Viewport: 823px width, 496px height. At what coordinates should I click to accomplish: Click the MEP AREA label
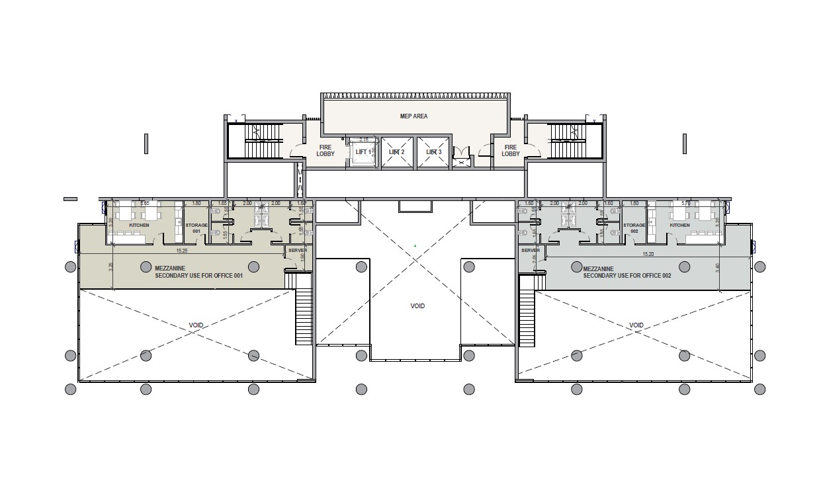[413, 116]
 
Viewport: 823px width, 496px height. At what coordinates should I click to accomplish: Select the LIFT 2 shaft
[397, 153]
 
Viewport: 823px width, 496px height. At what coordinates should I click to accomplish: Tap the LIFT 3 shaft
[433, 153]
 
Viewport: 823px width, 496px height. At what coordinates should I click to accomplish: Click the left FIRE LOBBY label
[325, 151]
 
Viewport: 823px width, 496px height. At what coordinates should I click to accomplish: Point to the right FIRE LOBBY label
[510, 151]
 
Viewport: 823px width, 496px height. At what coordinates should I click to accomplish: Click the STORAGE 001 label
[196, 228]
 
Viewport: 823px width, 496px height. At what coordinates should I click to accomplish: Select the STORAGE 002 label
[634, 228]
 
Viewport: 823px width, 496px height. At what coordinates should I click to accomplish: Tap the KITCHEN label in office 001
[139, 226]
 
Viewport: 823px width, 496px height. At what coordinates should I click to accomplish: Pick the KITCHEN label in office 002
[679, 226]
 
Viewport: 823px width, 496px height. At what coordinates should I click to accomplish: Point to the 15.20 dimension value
[648, 253]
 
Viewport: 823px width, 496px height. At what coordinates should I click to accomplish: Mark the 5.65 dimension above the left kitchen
[144, 204]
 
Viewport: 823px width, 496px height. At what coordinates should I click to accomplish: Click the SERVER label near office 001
[298, 251]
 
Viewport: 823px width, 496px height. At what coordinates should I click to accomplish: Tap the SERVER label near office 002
[531, 251]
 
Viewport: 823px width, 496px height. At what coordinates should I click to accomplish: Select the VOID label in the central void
[417, 306]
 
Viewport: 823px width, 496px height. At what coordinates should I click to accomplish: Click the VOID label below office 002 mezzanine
[636, 325]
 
